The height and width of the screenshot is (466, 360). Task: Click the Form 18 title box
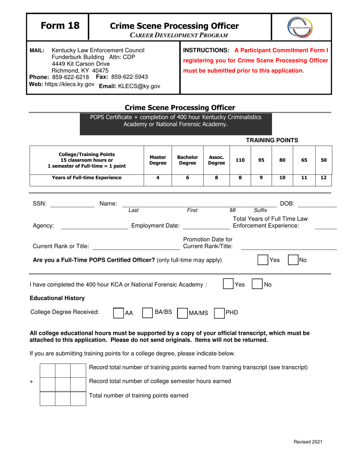(x=57, y=26)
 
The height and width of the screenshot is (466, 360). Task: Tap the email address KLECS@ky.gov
(x=128, y=86)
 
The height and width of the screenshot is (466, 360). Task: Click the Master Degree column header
(x=158, y=160)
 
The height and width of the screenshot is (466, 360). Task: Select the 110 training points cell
(x=240, y=160)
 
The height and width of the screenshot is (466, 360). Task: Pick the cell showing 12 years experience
(x=324, y=177)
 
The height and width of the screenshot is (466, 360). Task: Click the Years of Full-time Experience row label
(x=87, y=177)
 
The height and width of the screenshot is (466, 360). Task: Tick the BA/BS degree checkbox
(x=147, y=313)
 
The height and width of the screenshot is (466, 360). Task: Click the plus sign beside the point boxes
(x=32, y=382)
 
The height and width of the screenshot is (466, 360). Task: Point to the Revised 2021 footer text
(x=308, y=442)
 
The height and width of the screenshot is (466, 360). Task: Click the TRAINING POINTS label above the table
(x=272, y=140)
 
